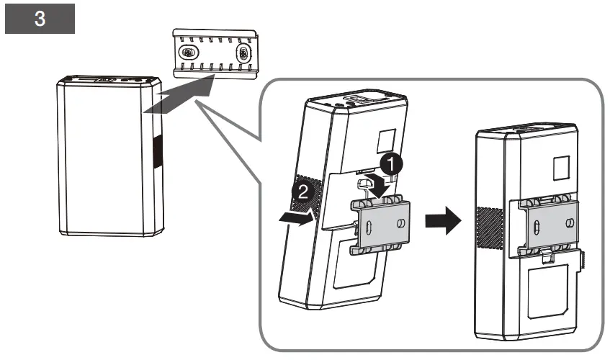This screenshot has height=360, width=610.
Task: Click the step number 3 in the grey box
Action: click(x=40, y=18)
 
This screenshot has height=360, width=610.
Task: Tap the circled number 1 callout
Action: click(x=391, y=163)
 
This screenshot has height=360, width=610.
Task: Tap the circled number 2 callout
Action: click(x=303, y=192)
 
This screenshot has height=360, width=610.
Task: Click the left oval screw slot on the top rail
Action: click(x=189, y=52)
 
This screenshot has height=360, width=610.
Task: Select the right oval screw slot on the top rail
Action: click(x=243, y=53)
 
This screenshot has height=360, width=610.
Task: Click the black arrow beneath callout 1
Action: click(x=377, y=184)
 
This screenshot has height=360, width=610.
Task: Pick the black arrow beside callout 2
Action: click(x=297, y=218)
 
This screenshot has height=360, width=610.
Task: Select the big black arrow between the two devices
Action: click(x=443, y=220)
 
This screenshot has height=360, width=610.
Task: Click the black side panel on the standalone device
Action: click(x=158, y=152)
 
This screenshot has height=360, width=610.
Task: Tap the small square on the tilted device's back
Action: click(x=387, y=140)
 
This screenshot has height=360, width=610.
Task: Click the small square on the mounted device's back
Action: click(x=561, y=168)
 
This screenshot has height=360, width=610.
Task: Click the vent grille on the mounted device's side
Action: click(x=490, y=228)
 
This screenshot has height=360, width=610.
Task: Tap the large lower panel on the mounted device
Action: click(x=548, y=291)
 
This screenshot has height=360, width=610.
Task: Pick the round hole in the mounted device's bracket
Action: click(x=569, y=222)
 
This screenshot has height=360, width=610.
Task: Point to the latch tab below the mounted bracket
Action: click(x=548, y=257)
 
